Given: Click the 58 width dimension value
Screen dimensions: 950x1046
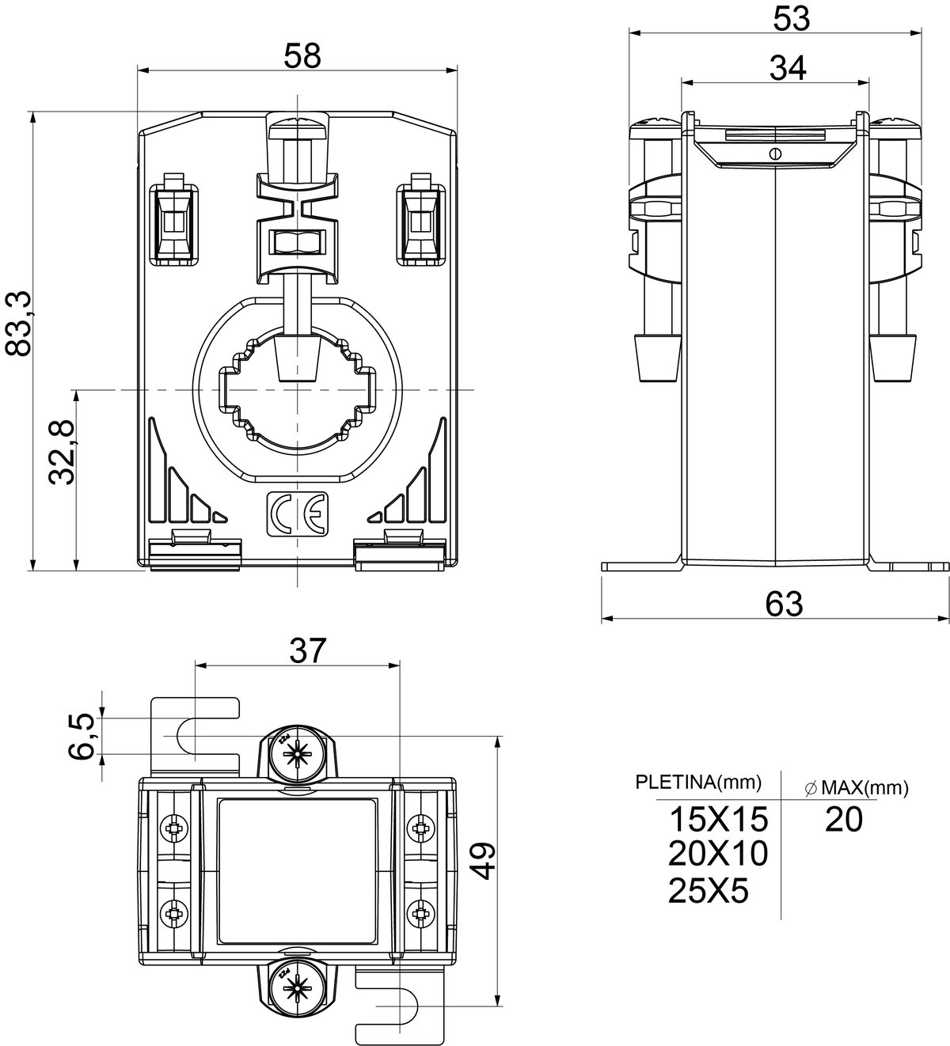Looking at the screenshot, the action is (302, 56).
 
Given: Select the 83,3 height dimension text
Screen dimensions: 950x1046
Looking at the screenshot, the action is (19, 324).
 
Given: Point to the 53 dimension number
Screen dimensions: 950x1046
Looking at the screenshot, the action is (792, 19).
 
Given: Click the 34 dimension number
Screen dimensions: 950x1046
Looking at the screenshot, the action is (788, 68).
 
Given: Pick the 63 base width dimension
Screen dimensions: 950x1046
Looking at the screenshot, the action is (784, 604).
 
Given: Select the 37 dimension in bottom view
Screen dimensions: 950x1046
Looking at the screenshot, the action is (308, 650).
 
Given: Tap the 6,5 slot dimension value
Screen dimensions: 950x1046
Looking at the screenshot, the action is (81, 737).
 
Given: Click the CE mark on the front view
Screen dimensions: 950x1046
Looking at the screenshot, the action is (298, 514).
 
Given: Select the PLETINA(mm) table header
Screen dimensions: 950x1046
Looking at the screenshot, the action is (698, 783).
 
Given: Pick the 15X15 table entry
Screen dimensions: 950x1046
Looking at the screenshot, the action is (718, 819).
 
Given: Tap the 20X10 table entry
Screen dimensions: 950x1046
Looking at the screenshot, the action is (718, 854).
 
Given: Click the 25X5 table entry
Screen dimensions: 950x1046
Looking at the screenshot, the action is (709, 890).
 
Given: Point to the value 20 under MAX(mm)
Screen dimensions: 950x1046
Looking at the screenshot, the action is (844, 819).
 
